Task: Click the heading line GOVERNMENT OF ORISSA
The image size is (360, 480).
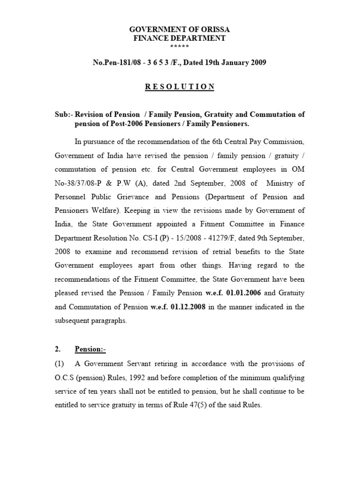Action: tap(180, 30)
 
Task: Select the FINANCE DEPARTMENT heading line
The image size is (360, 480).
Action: tap(180, 38)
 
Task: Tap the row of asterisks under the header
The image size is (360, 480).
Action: tap(180, 46)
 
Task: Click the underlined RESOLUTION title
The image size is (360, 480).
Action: tap(180, 87)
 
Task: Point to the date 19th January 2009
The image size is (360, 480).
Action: tap(235, 63)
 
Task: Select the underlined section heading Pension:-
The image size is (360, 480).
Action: tap(90, 349)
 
